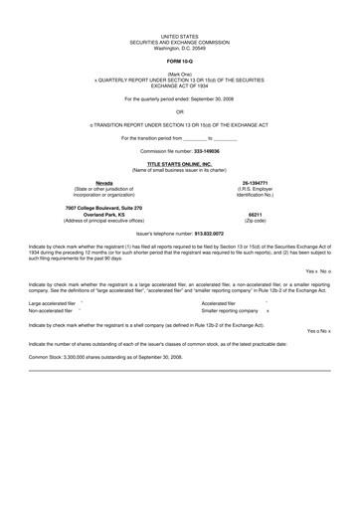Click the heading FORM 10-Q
(180, 60)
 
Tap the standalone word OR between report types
(180, 112)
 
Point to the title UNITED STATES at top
(180, 35)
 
